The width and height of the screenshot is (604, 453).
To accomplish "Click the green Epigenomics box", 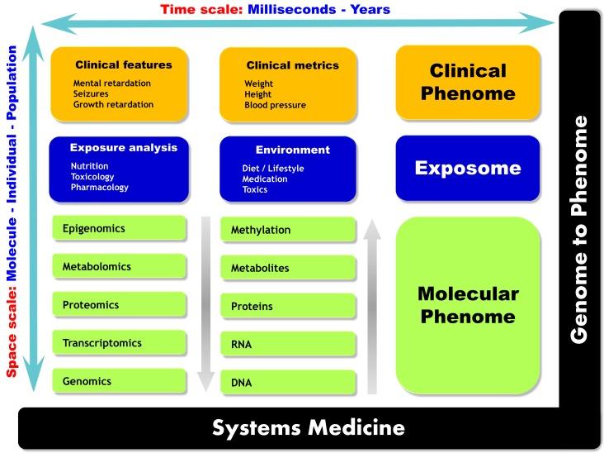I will (119, 229).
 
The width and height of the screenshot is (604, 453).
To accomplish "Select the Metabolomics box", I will (119, 267).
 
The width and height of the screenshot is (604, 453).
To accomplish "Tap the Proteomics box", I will (119, 305).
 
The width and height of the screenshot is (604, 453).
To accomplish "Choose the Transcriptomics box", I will (119, 343).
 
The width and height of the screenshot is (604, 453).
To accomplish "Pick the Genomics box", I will (119, 381).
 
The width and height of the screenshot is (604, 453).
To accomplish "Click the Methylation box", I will (288, 230).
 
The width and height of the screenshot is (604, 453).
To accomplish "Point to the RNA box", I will (288, 344).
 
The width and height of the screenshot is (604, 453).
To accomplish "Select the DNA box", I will (288, 383).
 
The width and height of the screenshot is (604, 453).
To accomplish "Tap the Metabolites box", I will (288, 268).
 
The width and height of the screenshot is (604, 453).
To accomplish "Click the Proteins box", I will (288, 306).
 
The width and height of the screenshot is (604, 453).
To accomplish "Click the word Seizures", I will (91, 94).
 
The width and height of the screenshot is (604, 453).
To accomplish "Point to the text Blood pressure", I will (275, 106).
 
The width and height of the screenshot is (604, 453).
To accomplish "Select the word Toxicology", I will (92, 177).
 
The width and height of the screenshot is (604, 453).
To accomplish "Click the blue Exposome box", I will (468, 169).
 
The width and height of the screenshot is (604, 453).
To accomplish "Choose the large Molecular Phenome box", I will (468, 305).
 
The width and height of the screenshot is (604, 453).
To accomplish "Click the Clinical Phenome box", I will (468, 82).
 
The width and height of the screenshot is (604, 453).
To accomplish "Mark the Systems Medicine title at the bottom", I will (309, 428).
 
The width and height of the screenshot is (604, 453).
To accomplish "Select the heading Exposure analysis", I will (124, 148).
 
